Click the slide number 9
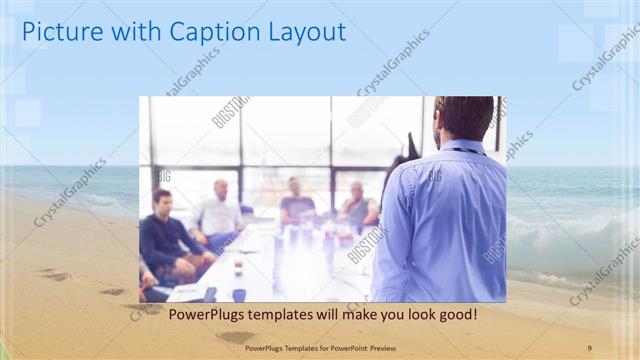coord(589,347)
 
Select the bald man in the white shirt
coord(220,210)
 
